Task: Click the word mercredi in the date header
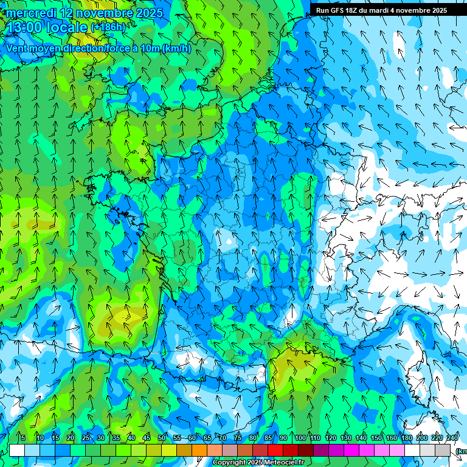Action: click(32, 13)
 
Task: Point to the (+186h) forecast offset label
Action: click(108, 27)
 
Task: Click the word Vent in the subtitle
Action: click(19, 49)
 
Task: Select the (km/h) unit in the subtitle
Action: click(177, 49)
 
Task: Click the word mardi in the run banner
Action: click(391, 10)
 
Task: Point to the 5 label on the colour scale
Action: click(22, 438)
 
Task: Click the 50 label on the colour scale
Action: click(162, 438)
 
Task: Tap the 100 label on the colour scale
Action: click(300, 438)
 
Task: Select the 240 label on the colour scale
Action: click(452, 438)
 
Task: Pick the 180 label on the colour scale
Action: click(406, 438)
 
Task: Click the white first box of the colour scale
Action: click(17, 450)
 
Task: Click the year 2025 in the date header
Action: click(148, 13)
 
